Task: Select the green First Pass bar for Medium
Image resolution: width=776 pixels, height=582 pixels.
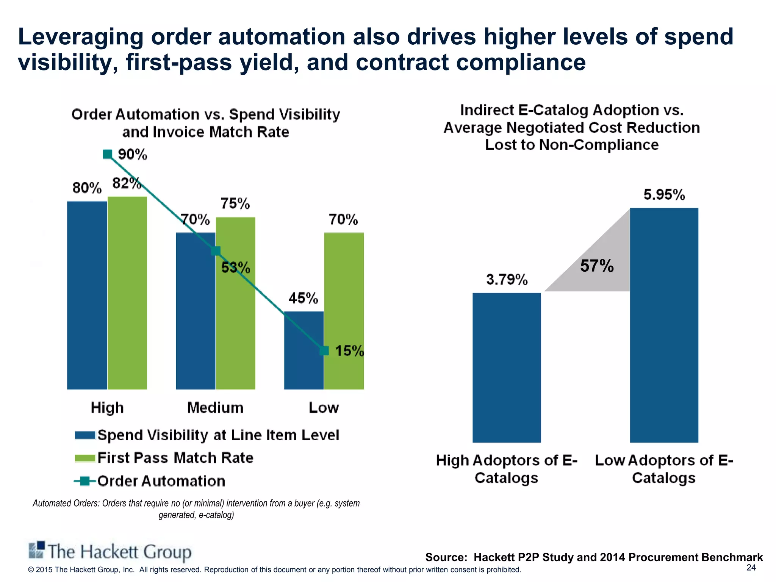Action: click(x=235, y=303)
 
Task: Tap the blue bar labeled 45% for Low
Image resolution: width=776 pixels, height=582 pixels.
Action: click(x=304, y=350)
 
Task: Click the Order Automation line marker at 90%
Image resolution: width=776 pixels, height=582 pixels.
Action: click(x=108, y=154)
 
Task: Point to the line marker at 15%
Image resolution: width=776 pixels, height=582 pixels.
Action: click(x=324, y=351)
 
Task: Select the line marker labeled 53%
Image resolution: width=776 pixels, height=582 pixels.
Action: click(x=216, y=251)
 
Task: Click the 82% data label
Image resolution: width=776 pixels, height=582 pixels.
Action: click(x=127, y=183)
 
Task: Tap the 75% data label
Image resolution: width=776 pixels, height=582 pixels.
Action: click(x=235, y=204)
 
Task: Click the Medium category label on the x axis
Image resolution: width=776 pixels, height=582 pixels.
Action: click(x=215, y=408)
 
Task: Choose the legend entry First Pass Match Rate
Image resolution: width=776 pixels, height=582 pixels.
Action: click(x=175, y=458)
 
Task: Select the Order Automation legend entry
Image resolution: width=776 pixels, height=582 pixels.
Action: click(x=161, y=481)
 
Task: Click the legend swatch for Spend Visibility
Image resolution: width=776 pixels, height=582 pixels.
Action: click(x=85, y=435)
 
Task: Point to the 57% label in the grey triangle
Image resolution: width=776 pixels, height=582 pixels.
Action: click(x=597, y=266)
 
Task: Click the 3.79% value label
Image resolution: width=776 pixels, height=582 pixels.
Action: click(x=507, y=280)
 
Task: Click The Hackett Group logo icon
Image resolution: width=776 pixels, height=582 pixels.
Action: click(x=37, y=550)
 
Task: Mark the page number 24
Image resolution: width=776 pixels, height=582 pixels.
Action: click(x=751, y=567)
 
